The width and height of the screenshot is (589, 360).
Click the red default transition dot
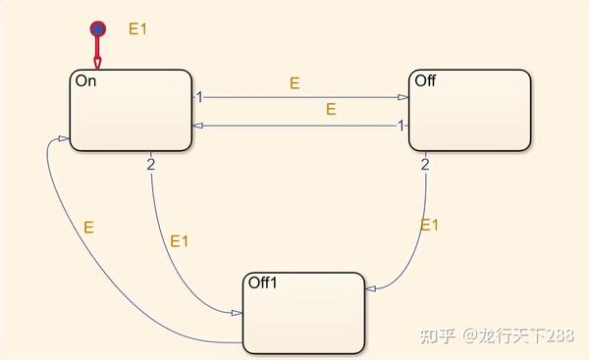97,28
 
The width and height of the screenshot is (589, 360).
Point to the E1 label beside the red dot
137,28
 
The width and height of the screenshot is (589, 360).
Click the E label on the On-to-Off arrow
294,84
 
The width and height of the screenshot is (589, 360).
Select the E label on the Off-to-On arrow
331,110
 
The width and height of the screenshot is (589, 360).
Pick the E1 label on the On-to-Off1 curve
180,240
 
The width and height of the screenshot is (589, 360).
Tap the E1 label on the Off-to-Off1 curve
430,225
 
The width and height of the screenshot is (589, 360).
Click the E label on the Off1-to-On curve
88,227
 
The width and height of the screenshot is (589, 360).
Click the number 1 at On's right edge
198,97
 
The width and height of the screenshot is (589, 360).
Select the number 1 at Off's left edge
401,126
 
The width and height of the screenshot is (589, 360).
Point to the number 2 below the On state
151,164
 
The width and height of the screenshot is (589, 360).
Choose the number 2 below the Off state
425,164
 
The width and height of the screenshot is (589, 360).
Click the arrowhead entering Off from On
403,97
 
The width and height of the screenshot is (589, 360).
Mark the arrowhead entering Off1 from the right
368,289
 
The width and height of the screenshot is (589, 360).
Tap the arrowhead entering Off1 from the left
238,313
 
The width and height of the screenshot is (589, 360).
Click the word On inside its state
85,81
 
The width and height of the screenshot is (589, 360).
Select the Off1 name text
264,283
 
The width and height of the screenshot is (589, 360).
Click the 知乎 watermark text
438,336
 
